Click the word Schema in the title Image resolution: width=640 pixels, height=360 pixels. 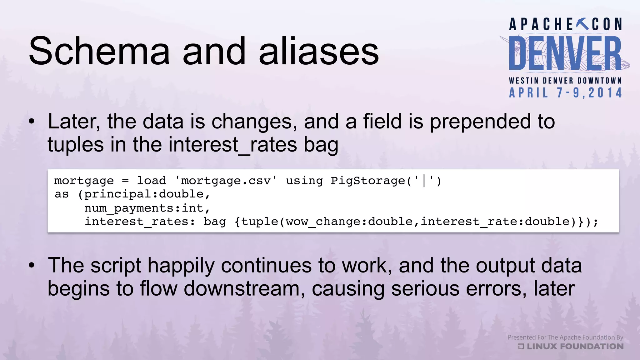tap(99, 51)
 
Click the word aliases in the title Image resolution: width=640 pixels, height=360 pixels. tap(319, 51)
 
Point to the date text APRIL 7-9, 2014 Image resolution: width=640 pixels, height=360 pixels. tap(565, 93)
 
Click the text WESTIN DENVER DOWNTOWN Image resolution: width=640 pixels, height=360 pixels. tap(565, 81)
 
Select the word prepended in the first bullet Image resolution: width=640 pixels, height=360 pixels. tap(480, 122)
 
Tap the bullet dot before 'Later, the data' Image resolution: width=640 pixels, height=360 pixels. tap(32, 122)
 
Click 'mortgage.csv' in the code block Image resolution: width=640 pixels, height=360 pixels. tap(226, 181)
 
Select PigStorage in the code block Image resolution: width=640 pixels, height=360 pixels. tap(368, 181)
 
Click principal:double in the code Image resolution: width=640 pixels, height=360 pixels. tap(144, 194)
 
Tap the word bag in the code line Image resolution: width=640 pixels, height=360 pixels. tap(215, 222)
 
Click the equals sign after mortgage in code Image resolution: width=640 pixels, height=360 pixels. tap(125, 181)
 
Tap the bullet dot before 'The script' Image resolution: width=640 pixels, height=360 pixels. tap(32, 266)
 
